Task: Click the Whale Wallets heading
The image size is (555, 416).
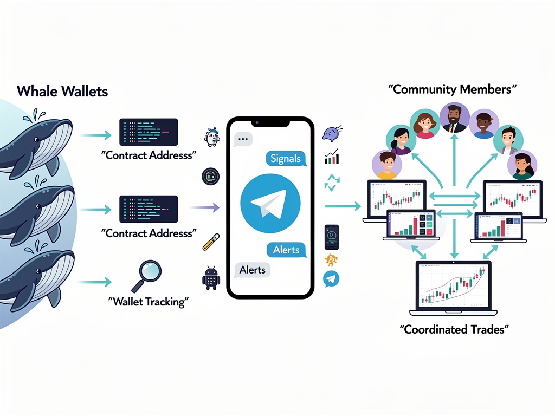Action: (x=62, y=90)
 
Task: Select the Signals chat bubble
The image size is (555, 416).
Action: (x=286, y=158)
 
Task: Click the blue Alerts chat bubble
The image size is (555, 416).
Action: (x=286, y=250)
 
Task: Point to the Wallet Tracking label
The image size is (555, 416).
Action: (x=147, y=302)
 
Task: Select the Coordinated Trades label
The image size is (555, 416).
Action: (x=455, y=329)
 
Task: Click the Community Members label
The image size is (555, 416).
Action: (x=452, y=89)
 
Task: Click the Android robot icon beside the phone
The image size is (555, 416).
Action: (x=211, y=278)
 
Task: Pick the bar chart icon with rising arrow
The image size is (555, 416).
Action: (x=331, y=157)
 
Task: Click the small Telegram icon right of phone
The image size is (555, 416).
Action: (x=331, y=279)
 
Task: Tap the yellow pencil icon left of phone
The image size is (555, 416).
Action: (x=211, y=242)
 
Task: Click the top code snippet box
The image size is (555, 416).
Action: (x=148, y=132)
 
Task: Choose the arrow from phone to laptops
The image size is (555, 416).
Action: (x=343, y=206)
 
